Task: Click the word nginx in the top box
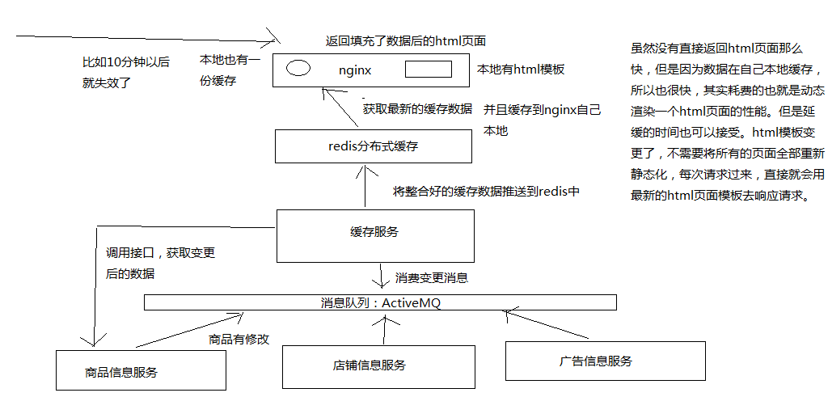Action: (355, 70)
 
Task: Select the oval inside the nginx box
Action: (298, 68)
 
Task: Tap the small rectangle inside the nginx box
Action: (427, 69)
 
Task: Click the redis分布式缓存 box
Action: (373, 146)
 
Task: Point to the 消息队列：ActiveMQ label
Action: (380, 302)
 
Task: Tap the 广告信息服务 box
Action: (596, 361)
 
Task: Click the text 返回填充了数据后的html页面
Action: (405, 40)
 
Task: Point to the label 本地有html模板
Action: (521, 70)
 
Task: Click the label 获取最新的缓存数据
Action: (417, 109)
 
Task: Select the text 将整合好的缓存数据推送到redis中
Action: (486, 192)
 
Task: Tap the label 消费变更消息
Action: (431, 277)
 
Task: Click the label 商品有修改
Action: (239, 340)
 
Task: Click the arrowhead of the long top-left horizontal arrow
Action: (273, 37)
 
